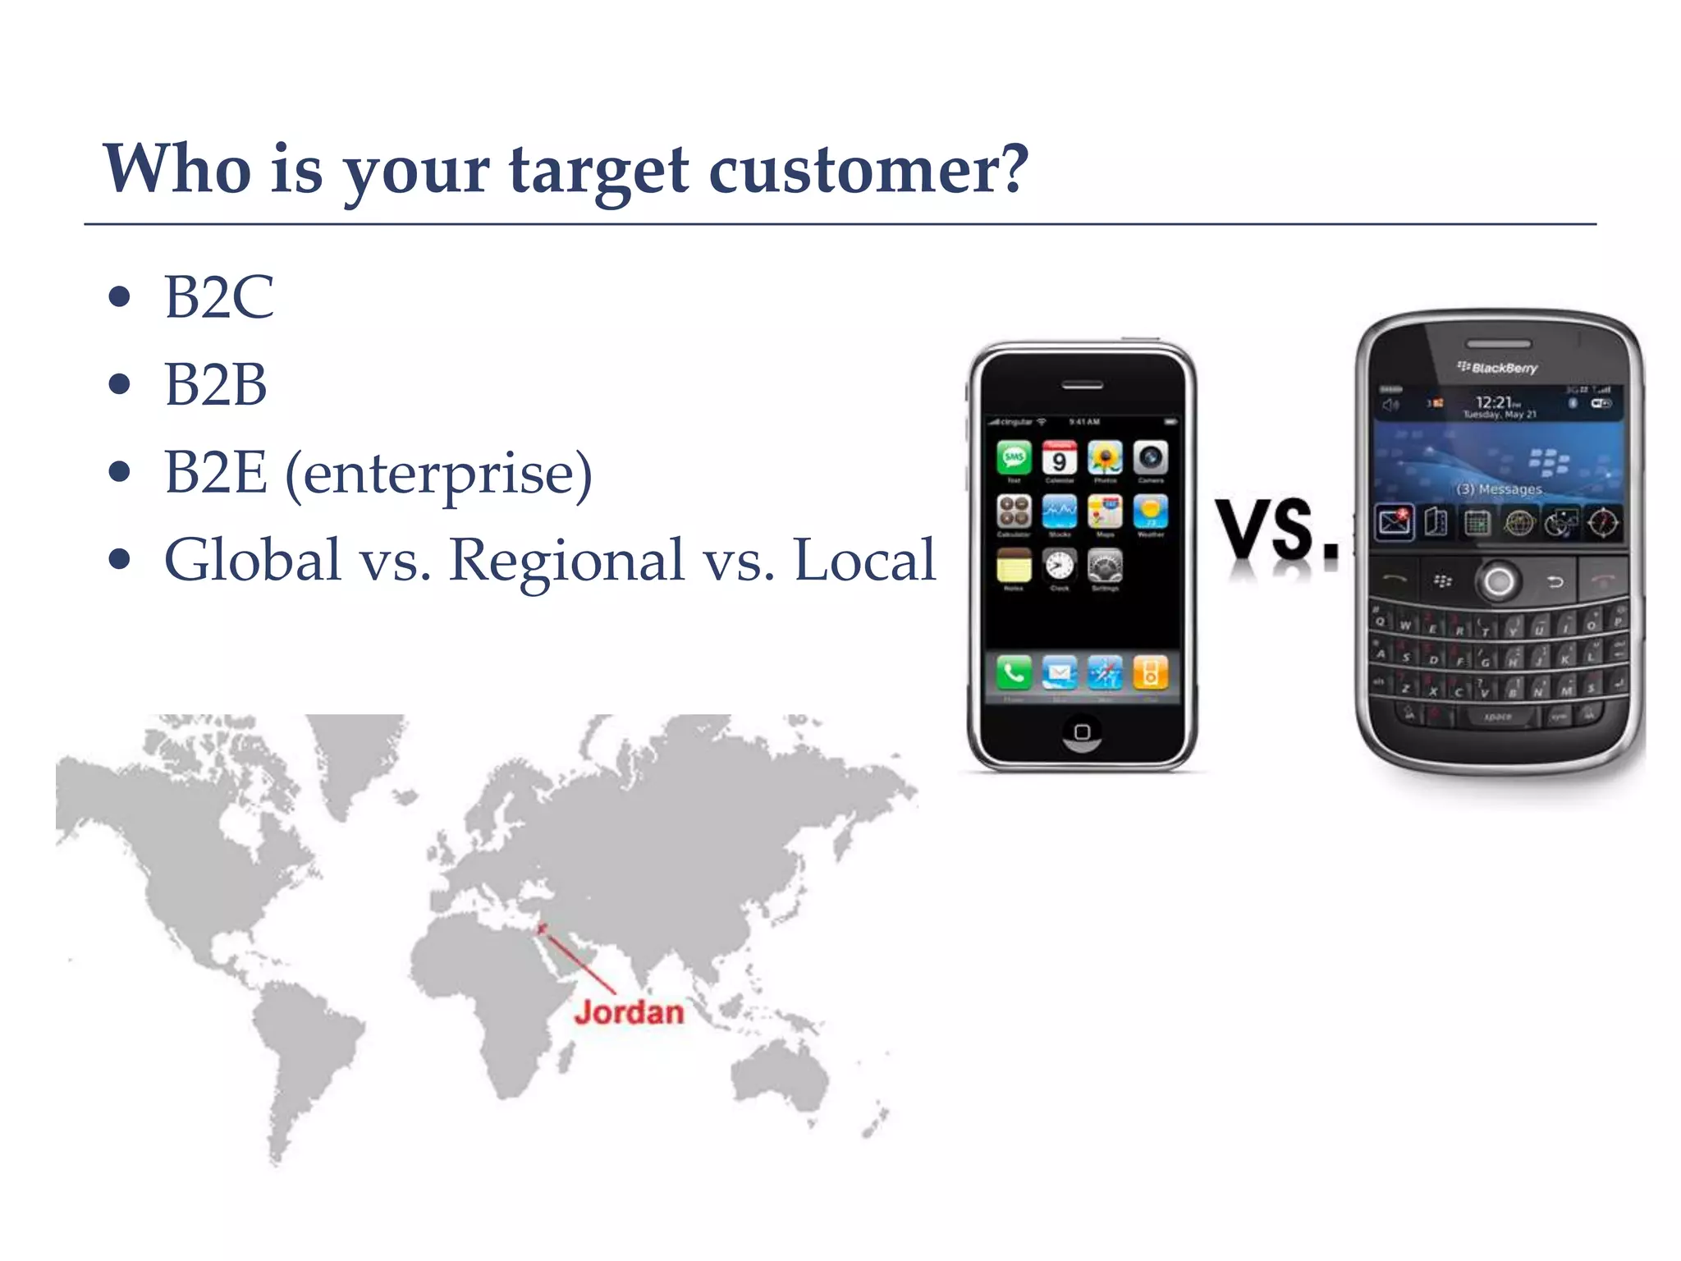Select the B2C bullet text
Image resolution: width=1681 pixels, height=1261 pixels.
[218, 297]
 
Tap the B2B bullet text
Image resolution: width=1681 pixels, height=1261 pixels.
[215, 384]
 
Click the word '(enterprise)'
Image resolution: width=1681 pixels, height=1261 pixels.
[438, 475]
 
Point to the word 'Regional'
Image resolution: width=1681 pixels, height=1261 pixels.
[566, 561]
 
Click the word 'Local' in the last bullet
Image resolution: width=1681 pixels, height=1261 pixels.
[864, 561]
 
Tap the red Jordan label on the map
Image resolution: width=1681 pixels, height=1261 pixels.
[629, 1012]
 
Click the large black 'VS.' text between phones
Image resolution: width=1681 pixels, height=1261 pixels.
[1276, 531]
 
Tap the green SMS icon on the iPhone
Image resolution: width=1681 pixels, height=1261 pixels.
[1015, 457]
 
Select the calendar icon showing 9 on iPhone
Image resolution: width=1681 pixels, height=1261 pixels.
[1060, 458]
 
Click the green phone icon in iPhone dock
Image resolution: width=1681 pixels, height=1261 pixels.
[1014, 673]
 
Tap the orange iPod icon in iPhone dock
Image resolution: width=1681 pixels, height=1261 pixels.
[1150, 673]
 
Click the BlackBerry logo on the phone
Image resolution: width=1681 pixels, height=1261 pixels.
[1498, 368]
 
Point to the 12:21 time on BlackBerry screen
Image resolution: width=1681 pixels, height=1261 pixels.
[1495, 402]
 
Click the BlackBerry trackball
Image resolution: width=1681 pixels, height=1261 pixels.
[1499, 581]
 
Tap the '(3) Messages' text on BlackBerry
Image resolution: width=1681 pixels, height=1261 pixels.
[1499, 489]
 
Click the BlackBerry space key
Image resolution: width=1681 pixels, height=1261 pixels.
[1497, 717]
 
